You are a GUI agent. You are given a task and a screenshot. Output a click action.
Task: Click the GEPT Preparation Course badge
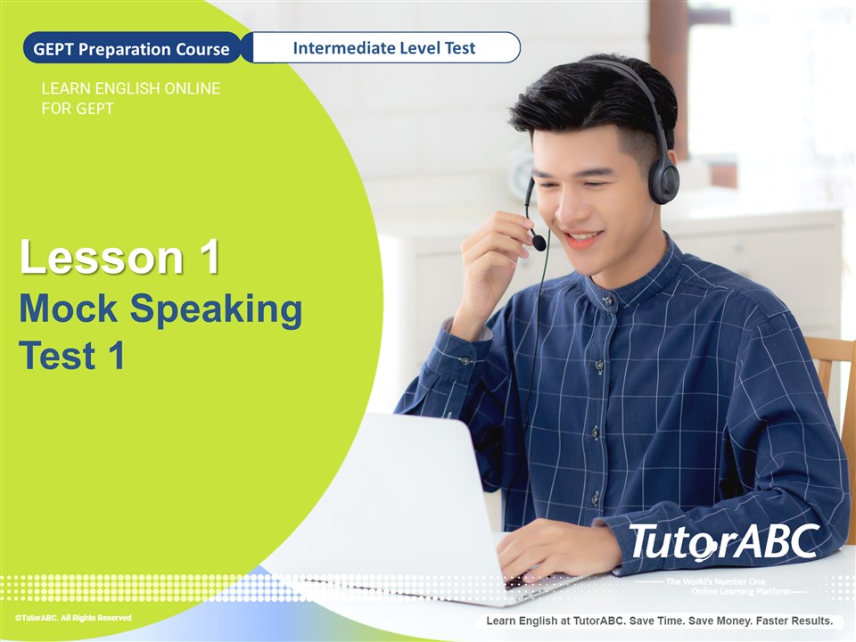point(132,48)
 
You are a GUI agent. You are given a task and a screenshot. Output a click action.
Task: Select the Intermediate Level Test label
point(383,48)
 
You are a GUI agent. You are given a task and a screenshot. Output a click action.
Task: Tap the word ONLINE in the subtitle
point(193,88)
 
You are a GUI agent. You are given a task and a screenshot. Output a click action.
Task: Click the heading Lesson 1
point(119,257)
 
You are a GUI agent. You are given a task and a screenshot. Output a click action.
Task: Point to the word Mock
point(69,309)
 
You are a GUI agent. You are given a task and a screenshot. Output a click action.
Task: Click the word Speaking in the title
point(216,310)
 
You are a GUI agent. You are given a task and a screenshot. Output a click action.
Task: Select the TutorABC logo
point(724,543)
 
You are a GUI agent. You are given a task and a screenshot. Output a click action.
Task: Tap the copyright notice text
point(73,618)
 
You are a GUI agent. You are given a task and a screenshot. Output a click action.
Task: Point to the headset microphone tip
point(539,243)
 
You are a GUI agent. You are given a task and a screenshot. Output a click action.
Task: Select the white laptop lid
point(420,491)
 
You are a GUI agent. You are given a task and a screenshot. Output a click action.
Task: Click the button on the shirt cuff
point(465,361)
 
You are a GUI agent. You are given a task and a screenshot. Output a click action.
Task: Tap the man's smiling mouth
point(583,238)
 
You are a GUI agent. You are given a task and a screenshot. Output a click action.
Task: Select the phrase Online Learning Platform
point(741,592)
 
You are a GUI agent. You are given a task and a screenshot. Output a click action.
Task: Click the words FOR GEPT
point(78,109)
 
